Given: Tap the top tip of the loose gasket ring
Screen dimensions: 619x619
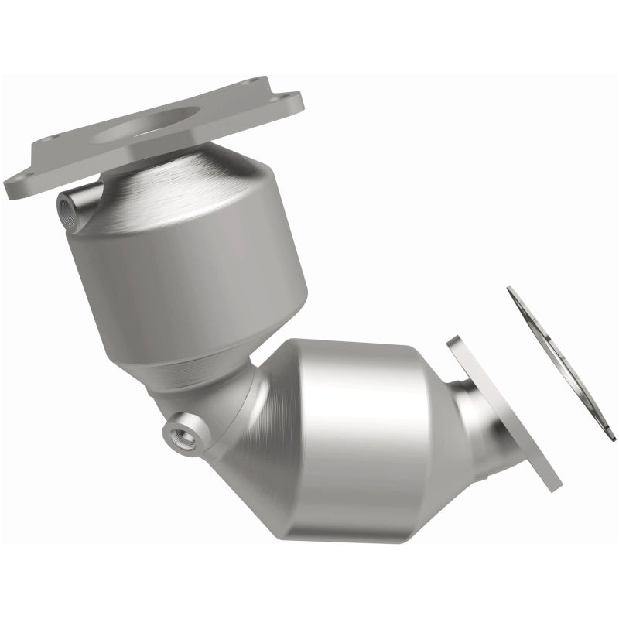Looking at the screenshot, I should (x=511, y=289).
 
